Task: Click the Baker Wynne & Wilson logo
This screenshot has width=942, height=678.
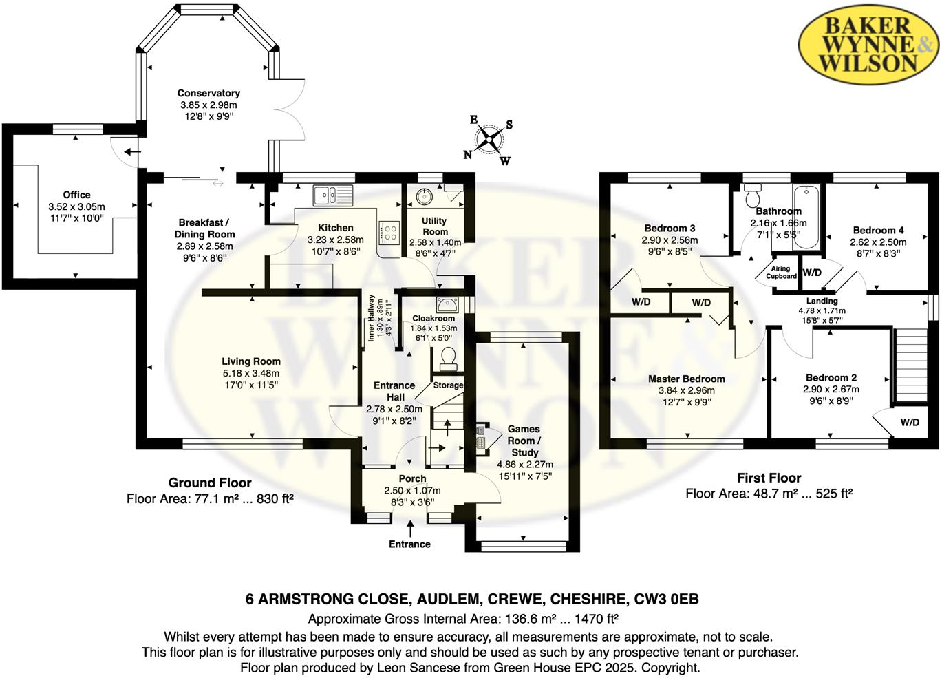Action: click(x=868, y=45)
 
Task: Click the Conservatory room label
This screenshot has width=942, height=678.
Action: click(x=208, y=93)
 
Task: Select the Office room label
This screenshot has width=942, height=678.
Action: click(x=76, y=195)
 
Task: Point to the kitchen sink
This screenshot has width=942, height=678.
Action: click(x=332, y=195)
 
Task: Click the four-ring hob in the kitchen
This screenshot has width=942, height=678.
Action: click(x=389, y=233)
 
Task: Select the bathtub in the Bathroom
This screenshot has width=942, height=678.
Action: click(x=805, y=217)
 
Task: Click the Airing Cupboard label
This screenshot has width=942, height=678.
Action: click(x=781, y=273)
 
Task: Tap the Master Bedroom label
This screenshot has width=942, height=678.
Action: click(x=686, y=379)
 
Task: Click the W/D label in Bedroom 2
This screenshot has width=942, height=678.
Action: click(x=909, y=422)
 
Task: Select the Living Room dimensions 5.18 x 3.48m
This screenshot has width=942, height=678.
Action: click(x=250, y=373)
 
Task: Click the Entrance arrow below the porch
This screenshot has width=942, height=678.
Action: click(x=411, y=529)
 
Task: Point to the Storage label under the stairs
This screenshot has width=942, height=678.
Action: click(x=448, y=385)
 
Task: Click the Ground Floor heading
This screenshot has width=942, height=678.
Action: click(x=210, y=483)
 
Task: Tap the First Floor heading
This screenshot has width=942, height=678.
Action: click(x=769, y=478)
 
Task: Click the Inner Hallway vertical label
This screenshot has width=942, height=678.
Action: click(x=372, y=317)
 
